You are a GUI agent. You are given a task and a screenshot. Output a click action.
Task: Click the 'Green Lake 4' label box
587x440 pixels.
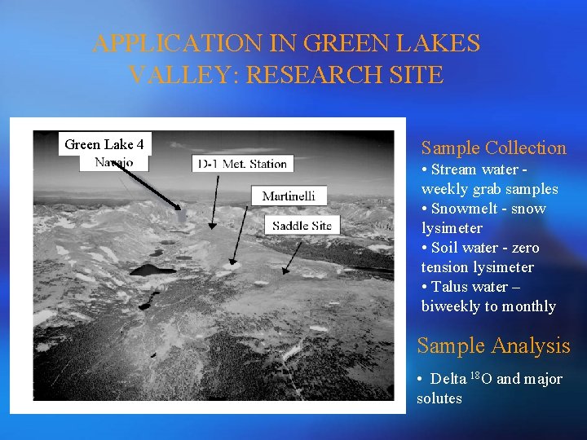tap(104, 144)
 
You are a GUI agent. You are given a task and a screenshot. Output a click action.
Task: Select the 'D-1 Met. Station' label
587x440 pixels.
tap(243, 164)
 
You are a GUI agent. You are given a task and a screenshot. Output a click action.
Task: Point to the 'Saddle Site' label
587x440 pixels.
tap(302, 225)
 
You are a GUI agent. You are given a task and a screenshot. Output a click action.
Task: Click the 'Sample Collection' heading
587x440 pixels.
tap(493, 147)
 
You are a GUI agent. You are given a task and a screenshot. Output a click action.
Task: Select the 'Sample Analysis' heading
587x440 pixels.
tap(493, 345)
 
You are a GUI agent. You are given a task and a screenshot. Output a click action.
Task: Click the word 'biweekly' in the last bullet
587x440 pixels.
tap(451, 306)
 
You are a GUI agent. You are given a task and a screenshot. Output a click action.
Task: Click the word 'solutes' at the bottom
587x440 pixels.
tap(439, 398)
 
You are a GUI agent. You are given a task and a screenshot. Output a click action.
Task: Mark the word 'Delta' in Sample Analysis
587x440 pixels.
tap(448, 379)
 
